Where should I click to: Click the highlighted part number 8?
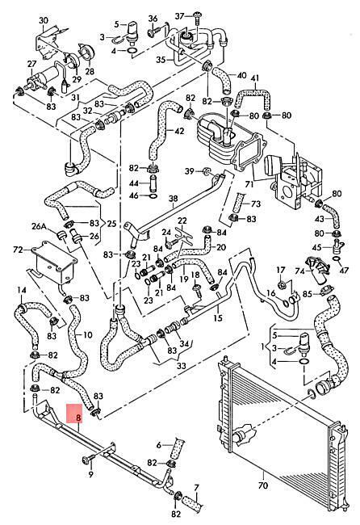pos(78,418)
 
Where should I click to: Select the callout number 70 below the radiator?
pos(263,485)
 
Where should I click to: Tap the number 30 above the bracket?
pos(44,20)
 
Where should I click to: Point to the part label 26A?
pos(39,227)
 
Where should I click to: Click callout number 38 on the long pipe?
pos(173,199)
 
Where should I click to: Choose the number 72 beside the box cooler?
pos(18,250)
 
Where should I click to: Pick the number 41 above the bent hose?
pos(255,78)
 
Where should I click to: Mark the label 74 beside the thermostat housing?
pos(300,271)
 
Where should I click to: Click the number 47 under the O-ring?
pos(344,270)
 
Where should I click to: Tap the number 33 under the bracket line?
pos(181,366)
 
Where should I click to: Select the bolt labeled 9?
pos(86,460)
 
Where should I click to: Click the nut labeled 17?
pos(282,285)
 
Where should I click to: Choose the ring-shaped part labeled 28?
pos(87,52)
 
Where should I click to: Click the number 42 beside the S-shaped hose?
pos(180,131)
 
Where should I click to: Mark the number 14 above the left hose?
pos(22,290)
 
